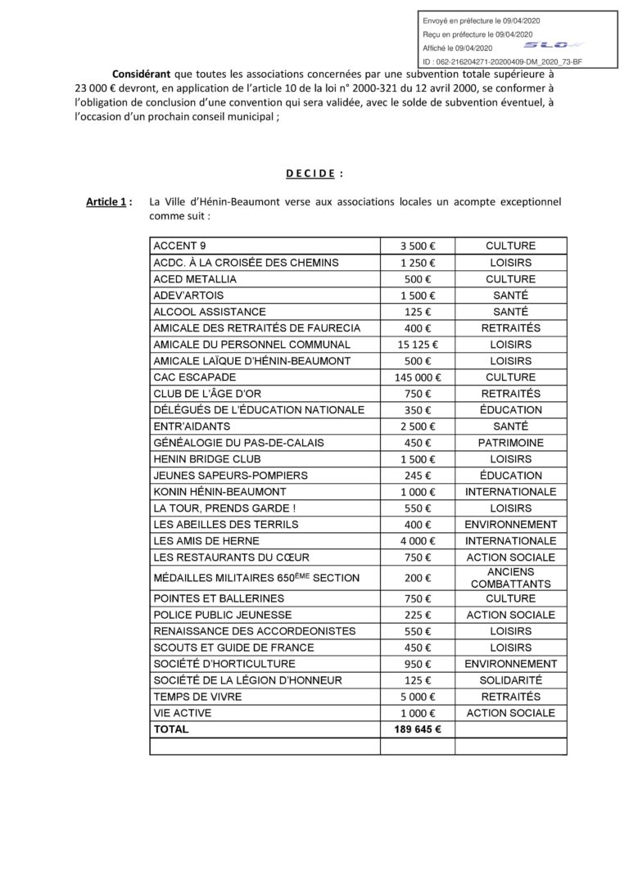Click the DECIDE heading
(314, 173)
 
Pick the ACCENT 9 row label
(180, 246)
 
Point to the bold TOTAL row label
(170, 729)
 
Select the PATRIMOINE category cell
(510, 443)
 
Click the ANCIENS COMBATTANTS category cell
(510, 578)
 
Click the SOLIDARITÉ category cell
(510, 680)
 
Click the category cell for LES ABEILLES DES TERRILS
(510, 525)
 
